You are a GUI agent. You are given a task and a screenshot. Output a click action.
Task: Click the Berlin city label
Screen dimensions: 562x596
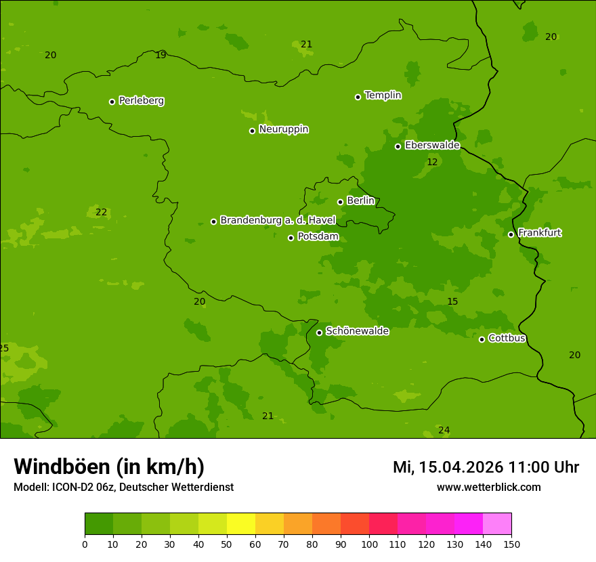[x=360, y=201]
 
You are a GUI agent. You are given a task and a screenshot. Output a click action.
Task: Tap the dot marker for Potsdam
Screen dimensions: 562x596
[x=291, y=238]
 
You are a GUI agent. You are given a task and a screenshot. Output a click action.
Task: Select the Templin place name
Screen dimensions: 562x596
[x=383, y=95]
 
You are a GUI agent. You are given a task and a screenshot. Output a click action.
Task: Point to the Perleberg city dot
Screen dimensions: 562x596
[x=112, y=102]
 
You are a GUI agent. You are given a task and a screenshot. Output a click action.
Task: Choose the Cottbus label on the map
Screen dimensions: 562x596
[x=507, y=339]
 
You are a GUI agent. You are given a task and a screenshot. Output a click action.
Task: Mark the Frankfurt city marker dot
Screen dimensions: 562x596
[x=511, y=234]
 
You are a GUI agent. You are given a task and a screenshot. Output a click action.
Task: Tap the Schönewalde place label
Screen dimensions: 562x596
[x=357, y=331]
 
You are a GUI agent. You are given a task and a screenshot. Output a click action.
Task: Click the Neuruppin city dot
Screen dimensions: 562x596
[x=252, y=131]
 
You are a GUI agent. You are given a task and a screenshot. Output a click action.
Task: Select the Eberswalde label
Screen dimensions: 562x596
[x=432, y=146]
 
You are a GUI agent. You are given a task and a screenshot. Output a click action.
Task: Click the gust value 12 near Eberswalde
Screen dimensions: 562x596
[x=432, y=163]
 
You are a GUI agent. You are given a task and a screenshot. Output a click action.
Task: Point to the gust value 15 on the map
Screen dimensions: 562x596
[x=452, y=302]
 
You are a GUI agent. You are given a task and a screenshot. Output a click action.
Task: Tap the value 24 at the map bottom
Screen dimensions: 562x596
[x=444, y=431]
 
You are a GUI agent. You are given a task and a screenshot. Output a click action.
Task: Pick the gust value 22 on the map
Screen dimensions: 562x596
[x=101, y=213]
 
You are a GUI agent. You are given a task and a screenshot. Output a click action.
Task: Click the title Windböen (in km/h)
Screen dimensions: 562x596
[x=109, y=467]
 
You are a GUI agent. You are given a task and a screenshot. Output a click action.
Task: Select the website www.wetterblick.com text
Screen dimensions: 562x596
[x=488, y=488]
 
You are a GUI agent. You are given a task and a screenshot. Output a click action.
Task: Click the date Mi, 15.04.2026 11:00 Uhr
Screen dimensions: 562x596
[x=486, y=467]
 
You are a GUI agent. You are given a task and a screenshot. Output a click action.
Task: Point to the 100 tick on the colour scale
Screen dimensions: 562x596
[x=369, y=544]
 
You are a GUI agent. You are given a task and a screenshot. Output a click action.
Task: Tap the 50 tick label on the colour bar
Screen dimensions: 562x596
[x=227, y=544]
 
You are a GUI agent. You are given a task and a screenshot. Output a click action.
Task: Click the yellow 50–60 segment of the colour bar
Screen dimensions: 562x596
[x=241, y=524]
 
